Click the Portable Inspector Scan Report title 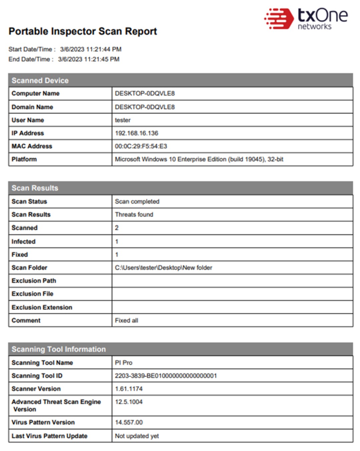pyautogui.click(x=83, y=31)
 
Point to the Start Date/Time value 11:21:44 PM pyautogui.click(x=91, y=49)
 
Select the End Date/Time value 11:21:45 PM pyautogui.click(x=89, y=59)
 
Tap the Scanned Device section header pyautogui.click(x=40, y=80)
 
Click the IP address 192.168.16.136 pyautogui.click(x=137, y=133)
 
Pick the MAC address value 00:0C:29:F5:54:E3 pyautogui.click(x=141, y=146)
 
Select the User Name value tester pyautogui.click(x=123, y=120)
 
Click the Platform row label pyautogui.click(x=24, y=159)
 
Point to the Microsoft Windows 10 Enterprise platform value pyautogui.click(x=199, y=159)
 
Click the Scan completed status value pyautogui.click(x=137, y=201)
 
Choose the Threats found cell pyautogui.click(x=134, y=214)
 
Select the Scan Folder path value pyautogui.click(x=163, y=268)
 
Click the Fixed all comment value pyautogui.click(x=126, y=320)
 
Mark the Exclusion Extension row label pyautogui.click(x=42, y=307)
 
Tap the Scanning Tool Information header pyautogui.click(x=59, y=349)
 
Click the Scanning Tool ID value pyautogui.click(x=166, y=376)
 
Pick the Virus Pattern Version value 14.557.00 pyautogui.click(x=129, y=422)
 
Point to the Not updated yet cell pyautogui.click(x=137, y=436)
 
